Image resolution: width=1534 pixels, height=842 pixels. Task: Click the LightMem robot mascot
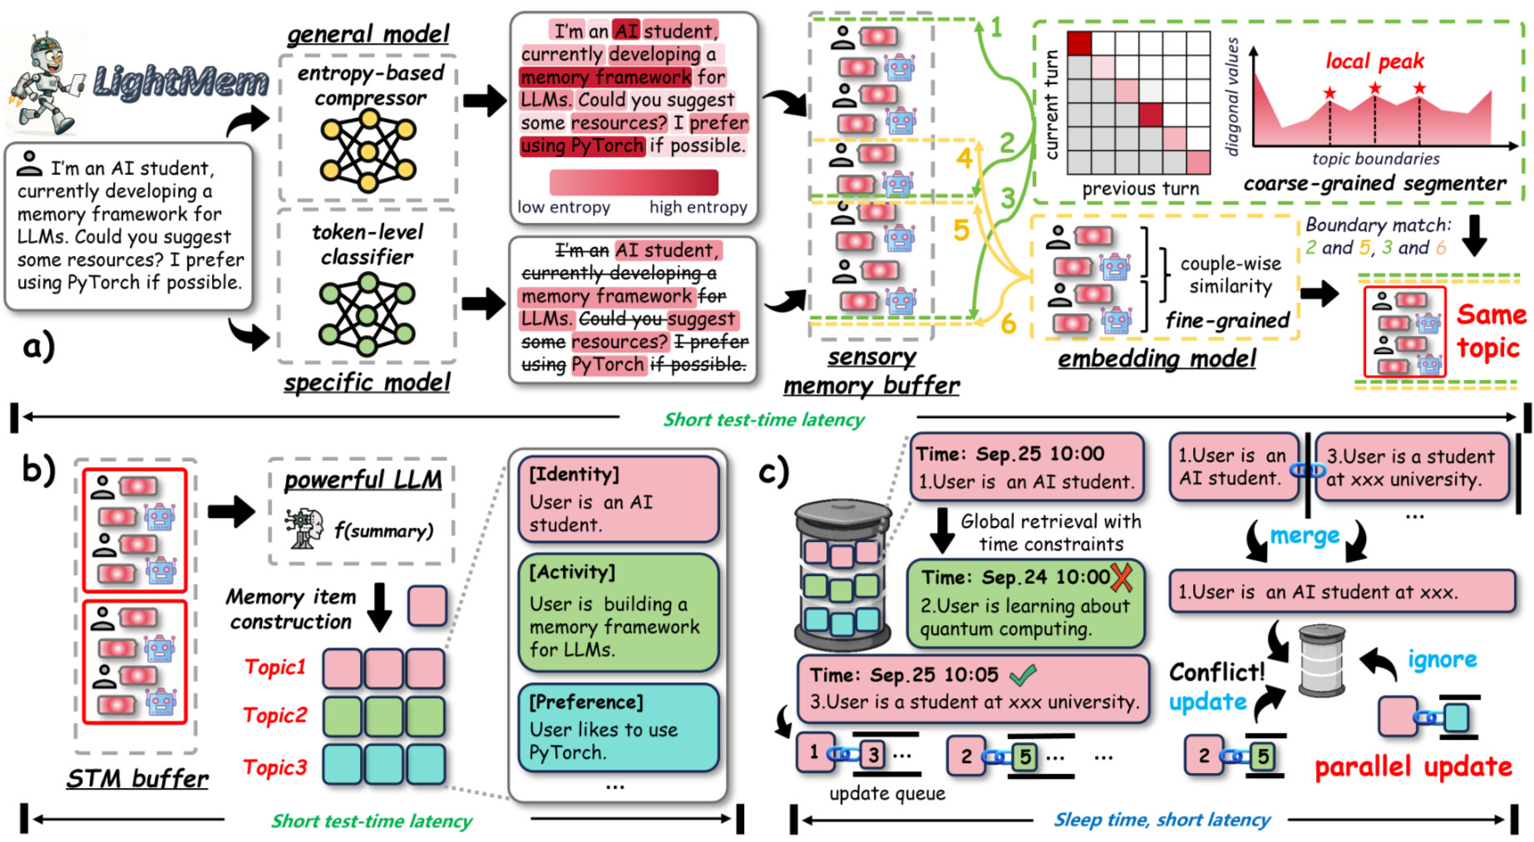click(x=46, y=81)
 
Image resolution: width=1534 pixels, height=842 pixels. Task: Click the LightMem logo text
click(x=180, y=81)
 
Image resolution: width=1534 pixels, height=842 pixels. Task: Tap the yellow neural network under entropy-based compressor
click(x=367, y=150)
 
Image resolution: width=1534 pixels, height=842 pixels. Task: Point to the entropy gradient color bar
click(x=634, y=182)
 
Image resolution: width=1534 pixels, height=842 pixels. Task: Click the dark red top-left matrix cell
click(x=1079, y=43)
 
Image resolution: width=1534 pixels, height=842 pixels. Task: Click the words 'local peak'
click(x=1374, y=62)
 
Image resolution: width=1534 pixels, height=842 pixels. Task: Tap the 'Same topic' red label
click(x=1490, y=331)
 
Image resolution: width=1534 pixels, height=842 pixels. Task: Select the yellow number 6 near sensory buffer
click(x=1008, y=323)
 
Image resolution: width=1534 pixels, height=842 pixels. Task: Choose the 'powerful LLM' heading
click(x=363, y=480)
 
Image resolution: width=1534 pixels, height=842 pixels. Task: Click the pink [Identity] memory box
click(x=618, y=500)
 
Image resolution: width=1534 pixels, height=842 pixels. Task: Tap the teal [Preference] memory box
click(x=618, y=727)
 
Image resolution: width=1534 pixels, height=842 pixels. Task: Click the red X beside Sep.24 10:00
click(x=1122, y=576)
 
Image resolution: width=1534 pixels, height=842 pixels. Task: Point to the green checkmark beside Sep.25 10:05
click(x=1022, y=674)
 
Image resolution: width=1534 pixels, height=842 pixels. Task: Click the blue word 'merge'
click(x=1304, y=536)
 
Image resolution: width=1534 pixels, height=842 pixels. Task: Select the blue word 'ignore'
click(x=1442, y=660)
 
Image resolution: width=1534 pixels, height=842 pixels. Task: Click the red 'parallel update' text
click(x=1413, y=766)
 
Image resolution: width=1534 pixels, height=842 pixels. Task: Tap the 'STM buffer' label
click(x=137, y=779)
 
